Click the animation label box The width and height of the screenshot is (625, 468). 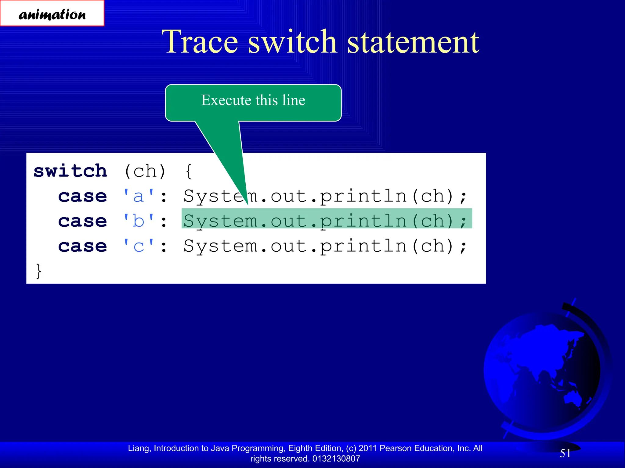52,13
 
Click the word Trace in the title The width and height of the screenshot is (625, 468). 200,42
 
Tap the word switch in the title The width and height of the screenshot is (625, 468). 292,42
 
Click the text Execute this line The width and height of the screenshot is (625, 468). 253,100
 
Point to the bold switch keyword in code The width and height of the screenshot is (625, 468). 70,171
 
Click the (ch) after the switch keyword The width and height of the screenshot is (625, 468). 145,171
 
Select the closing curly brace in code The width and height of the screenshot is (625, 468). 38,271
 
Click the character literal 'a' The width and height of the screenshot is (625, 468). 139,196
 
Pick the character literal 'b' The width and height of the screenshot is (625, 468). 139,221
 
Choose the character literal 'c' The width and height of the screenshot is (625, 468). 139,246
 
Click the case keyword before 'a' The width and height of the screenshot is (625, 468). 83,196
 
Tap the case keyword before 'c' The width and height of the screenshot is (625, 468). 83,246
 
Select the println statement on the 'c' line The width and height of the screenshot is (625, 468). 325,246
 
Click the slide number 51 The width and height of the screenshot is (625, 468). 565,453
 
